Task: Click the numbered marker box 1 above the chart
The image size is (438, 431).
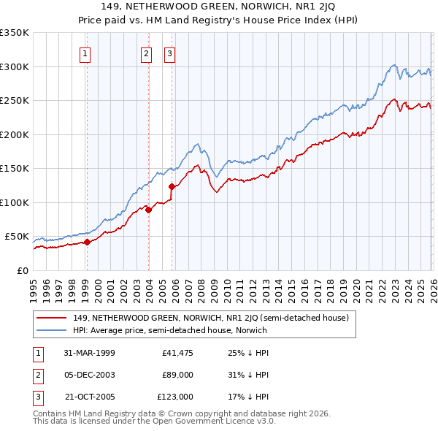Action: (x=86, y=53)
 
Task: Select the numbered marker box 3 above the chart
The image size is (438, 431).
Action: (x=170, y=53)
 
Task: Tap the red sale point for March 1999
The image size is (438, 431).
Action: (x=87, y=242)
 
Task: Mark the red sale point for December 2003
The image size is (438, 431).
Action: (x=147, y=210)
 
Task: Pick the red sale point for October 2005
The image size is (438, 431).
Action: (x=172, y=186)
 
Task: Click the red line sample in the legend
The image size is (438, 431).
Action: (x=53, y=319)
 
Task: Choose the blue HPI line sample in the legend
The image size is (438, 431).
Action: (x=53, y=330)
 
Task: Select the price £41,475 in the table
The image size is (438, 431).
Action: (x=177, y=353)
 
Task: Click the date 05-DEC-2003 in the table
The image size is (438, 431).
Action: (x=91, y=375)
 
